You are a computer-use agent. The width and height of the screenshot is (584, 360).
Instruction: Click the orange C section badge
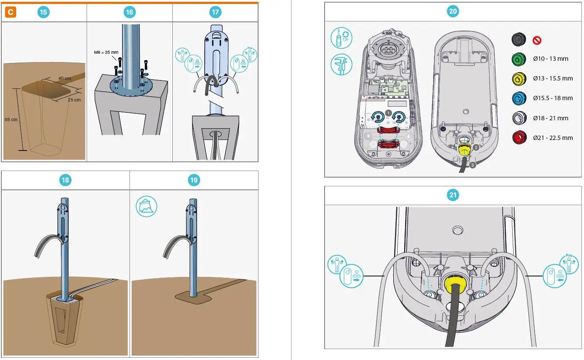(x=10, y=12)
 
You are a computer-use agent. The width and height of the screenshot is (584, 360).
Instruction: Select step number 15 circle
(x=43, y=12)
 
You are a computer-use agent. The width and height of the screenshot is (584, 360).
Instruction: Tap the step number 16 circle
(x=129, y=12)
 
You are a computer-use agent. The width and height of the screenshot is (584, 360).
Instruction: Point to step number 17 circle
(x=215, y=12)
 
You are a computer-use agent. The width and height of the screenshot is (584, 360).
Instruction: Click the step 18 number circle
(x=66, y=180)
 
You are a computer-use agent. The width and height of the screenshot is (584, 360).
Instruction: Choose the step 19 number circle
(x=194, y=180)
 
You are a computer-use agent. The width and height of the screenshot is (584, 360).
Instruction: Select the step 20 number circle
(x=453, y=12)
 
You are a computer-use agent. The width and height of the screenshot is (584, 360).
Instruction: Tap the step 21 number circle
(x=453, y=195)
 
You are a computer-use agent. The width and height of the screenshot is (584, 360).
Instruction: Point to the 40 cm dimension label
(x=65, y=79)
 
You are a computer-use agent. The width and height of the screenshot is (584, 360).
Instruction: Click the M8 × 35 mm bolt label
(x=106, y=52)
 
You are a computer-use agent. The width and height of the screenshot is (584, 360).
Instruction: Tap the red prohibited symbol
(x=537, y=40)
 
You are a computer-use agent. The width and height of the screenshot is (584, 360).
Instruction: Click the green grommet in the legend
(x=519, y=59)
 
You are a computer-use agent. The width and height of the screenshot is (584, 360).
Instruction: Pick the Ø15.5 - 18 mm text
(x=553, y=98)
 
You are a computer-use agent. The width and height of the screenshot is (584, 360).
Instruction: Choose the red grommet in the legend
(x=519, y=138)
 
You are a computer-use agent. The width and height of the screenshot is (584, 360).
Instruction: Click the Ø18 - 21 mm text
(x=550, y=118)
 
